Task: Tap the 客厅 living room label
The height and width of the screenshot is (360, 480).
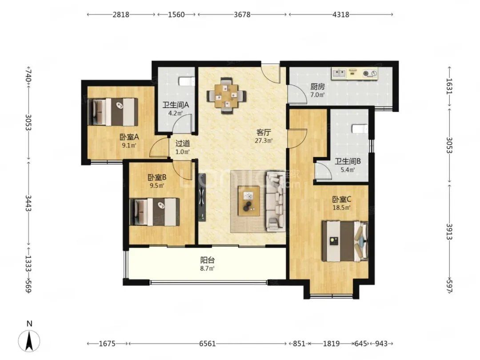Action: pos(264,132)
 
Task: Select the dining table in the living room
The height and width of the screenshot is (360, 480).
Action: pos(226,96)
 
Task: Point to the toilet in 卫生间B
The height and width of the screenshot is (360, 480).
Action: pos(360,128)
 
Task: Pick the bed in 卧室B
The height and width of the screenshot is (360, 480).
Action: pos(154,212)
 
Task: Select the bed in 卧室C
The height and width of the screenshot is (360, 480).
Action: pos(345,241)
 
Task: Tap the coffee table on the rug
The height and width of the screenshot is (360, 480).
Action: pos(249,201)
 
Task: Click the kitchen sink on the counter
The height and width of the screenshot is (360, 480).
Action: pos(339,73)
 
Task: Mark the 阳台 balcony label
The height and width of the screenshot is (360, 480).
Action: pos(208,260)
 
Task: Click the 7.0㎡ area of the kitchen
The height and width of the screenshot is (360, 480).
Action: pos(317,95)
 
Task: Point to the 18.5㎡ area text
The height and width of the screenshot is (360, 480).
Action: pos(342,208)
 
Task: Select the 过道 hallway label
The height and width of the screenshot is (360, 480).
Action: pos(183,143)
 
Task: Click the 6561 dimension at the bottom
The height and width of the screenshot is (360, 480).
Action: pos(208,344)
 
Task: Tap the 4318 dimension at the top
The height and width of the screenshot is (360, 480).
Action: pos(341,14)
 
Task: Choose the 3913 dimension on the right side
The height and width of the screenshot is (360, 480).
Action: pos(449,232)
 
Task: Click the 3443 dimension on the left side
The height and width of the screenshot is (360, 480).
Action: pos(28,203)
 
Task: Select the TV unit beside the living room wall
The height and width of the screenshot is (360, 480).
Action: pos(202,197)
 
